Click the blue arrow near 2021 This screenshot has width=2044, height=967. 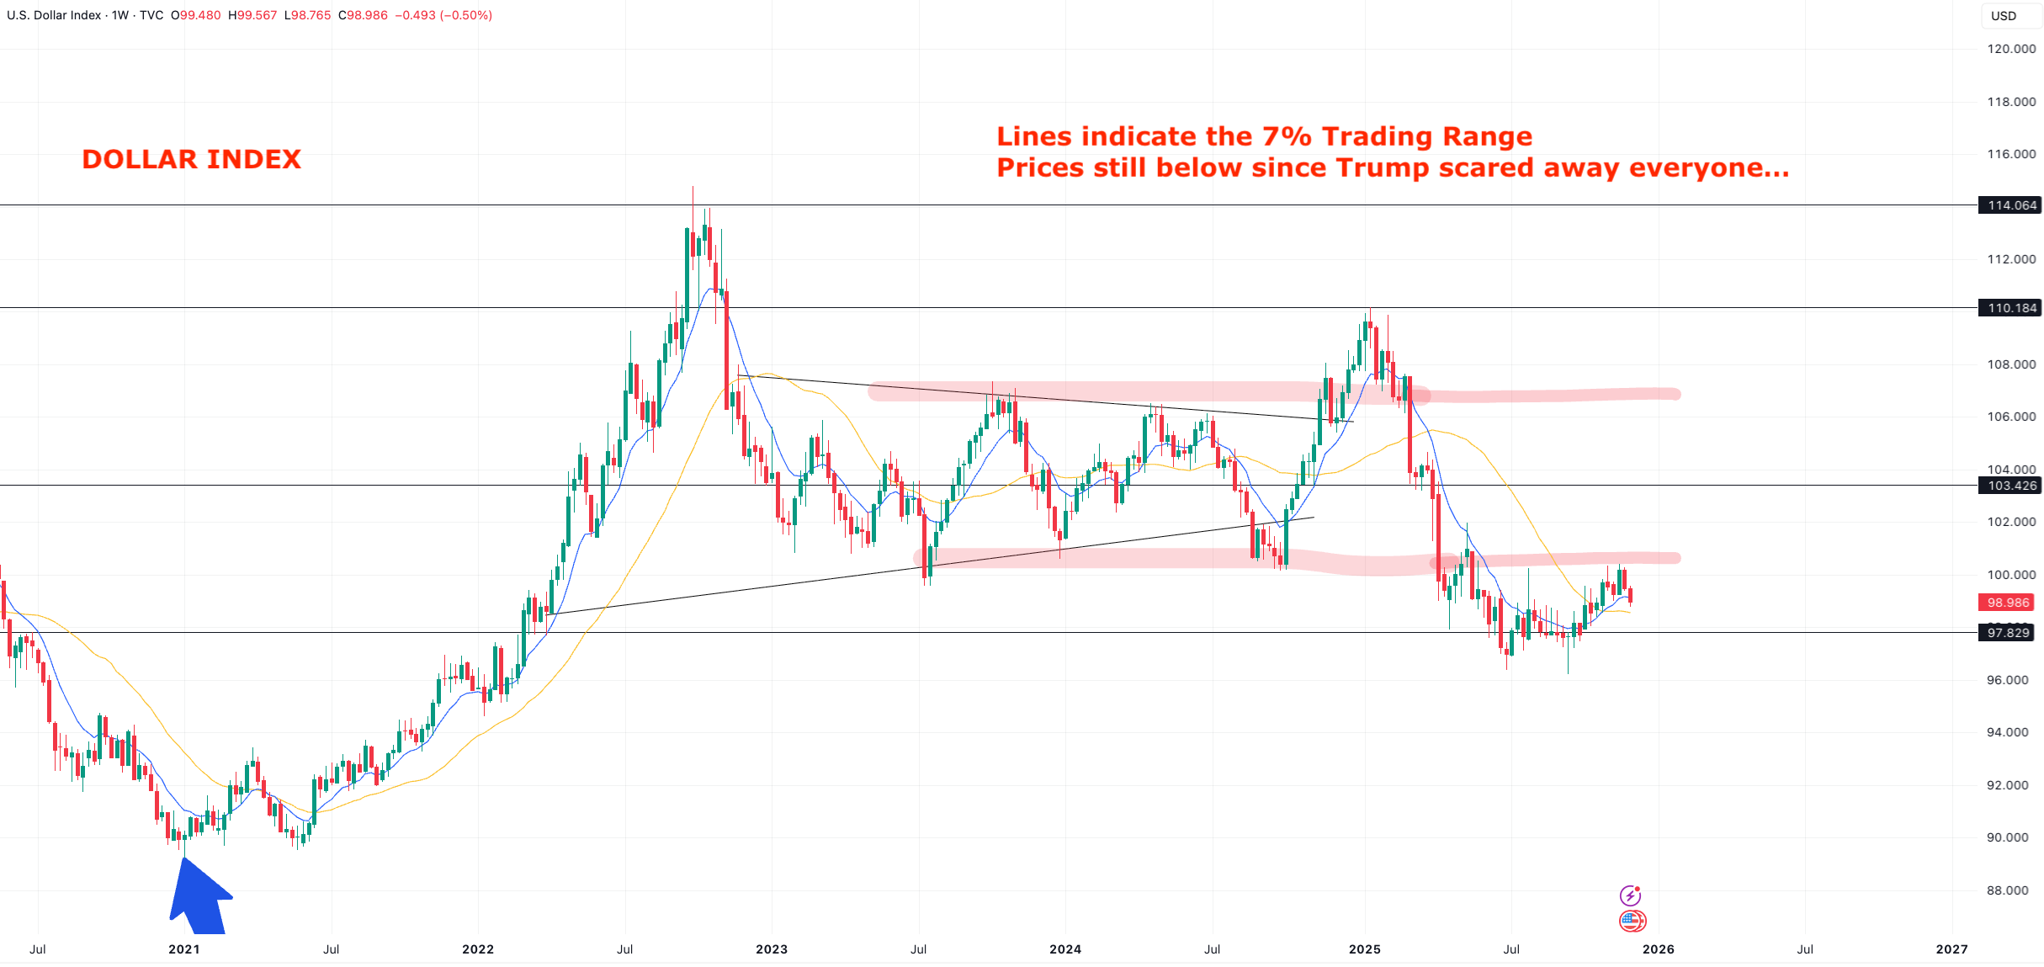point(199,899)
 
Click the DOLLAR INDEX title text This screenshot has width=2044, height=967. point(191,159)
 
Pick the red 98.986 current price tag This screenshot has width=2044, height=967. point(2008,603)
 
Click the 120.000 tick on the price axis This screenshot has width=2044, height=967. point(2011,49)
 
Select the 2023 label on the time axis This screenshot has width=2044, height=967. point(772,949)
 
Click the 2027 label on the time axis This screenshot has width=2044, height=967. point(1951,949)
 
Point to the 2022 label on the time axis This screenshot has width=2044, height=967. point(478,949)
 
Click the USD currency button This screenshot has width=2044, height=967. point(2004,16)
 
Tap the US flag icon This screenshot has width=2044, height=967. point(1632,921)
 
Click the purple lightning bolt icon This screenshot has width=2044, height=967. point(1630,895)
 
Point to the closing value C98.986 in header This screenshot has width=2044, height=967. point(363,15)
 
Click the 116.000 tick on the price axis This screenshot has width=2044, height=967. point(2011,154)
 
